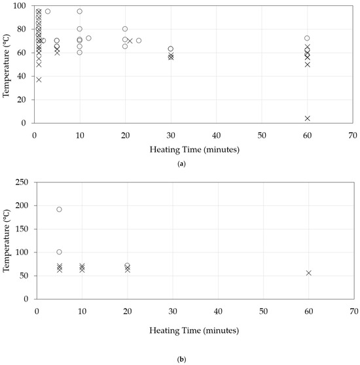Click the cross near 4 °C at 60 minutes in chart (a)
pyautogui.click(x=307, y=118)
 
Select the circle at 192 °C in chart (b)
pyautogui.click(x=59, y=209)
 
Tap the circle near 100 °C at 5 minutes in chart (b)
pyautogui.click(x=59, y=252)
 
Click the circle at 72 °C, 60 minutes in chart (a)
pyautogui.click(x=307, y=39)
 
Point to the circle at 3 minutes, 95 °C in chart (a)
pyautogui.click(x=48, y=11)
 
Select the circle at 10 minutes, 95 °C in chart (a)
pyautogui.click(x=80, y=11)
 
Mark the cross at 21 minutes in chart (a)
pyautogui.click(x=130, y=41)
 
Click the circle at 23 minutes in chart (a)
pyautogui.click(x=139, y=41)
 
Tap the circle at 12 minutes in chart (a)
pyautogui.click(x=88, y=38)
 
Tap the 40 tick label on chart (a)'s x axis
pyautogui.click(x=217, y=134)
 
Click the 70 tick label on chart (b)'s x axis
pyautogui.click(x=353, y=311)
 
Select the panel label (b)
pyautogui.click(x=180, y=342)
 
